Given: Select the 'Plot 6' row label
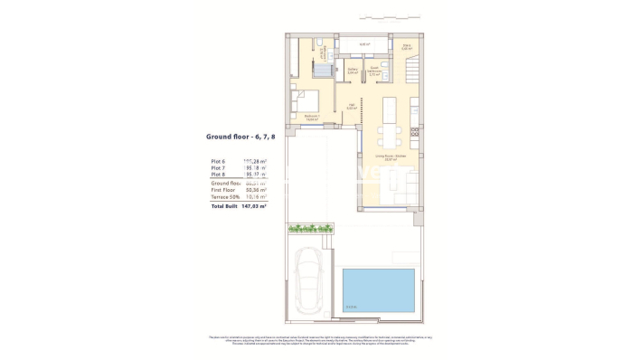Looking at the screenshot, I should pyautogui.click(x=218, y=160).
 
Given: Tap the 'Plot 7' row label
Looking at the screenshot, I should pyautogui.click(x=218, y=167).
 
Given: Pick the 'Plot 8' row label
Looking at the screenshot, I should pyautogui.click(x=218, y=175).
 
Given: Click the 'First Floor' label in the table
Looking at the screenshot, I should pyautogui.click(x=224, y=190).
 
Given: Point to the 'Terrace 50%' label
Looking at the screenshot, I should pyautogui.click(x=226, y=197).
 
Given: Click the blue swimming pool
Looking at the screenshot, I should pyautogui.click(x=378, y=291).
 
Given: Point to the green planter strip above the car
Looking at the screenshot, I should pyautogui.click(x=309, y=229).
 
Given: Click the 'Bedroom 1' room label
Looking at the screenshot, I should pyautogui.click(x=309, y=116).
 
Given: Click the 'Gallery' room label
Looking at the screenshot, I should pyautogui.click(x=353, y=69).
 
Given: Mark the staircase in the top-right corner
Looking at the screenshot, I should pyautogui.click(x=410, y=68).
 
